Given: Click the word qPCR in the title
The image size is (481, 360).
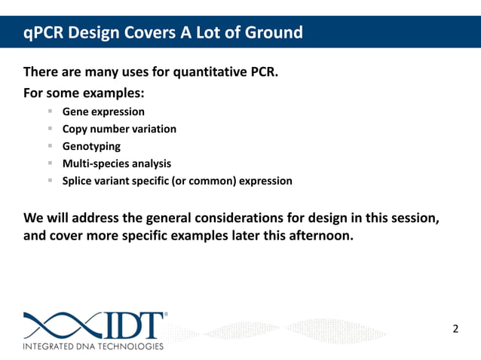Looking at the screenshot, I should click(x=43, y=33).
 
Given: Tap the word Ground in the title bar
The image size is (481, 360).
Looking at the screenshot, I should click(x=271, y=33).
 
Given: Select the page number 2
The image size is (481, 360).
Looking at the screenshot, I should click(x=455, y=328).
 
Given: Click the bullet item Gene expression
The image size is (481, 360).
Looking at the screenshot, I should click(x=103, y=111).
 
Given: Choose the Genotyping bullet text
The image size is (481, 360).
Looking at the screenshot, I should click(x=91, y=146).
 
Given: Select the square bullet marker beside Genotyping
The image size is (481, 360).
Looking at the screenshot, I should click(x=50, y=145).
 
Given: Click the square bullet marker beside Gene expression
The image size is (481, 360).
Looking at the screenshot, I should click(x=50, y=111).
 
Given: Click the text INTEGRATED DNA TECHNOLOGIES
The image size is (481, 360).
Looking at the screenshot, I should click(x=93, y=346).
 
